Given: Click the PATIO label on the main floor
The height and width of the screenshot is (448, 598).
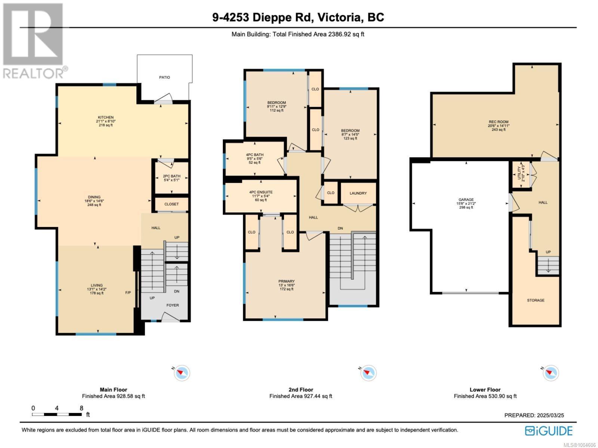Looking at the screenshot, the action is point(164,78).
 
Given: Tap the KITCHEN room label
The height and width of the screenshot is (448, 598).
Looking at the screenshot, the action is point(106,118).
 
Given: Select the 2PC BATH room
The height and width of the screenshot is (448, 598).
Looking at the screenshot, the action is point(172,176).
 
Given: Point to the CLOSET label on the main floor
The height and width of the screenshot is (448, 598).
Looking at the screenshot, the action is point(171,204).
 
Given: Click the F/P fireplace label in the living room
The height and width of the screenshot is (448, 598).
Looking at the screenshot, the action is point(128,293).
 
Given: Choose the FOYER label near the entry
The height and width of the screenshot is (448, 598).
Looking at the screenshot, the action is point(173,305).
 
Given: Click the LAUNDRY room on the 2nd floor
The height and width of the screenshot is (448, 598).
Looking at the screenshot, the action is point(358,193).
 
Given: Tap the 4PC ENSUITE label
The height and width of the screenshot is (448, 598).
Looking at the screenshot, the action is point(261,192).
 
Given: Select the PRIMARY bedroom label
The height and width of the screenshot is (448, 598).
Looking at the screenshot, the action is point(286,281).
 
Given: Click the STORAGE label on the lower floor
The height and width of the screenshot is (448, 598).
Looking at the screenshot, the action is point(536,300).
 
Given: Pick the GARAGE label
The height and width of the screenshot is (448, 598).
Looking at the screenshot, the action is point(466,200).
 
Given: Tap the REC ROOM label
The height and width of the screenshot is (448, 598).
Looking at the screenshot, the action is point(499,122).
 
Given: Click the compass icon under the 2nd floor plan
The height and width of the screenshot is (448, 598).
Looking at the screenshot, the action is point(368,373).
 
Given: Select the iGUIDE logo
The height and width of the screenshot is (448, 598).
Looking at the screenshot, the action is point(549,431).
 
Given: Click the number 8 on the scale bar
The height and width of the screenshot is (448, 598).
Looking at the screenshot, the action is point(81,408).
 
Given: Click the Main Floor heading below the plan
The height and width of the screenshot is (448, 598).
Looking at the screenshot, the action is point(113,389).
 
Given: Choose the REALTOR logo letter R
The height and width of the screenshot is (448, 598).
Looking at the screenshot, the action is point(33,34).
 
